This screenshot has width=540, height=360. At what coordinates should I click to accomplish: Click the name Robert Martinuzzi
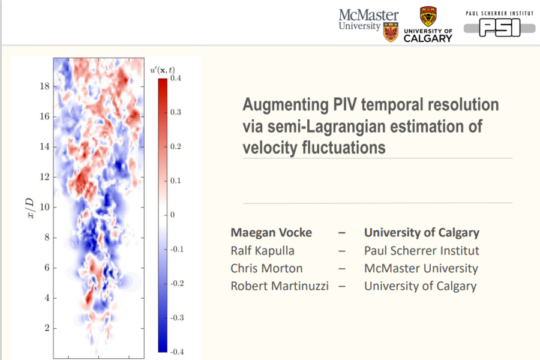(x=280, y=286)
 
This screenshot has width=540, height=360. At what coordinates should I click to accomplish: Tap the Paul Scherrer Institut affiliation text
(x=421, y=251)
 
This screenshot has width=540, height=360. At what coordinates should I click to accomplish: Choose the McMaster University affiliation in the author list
(x=421, y=268)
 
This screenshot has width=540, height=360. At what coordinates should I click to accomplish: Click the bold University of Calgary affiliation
(x=421, y=233)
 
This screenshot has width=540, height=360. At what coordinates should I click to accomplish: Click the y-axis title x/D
(x=31, y=207)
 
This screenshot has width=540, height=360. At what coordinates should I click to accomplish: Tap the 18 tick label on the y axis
(x=44, y=86)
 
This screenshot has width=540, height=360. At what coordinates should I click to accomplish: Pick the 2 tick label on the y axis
(x=47, y=328)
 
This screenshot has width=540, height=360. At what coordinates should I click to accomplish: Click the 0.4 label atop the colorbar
(x=176, y=78)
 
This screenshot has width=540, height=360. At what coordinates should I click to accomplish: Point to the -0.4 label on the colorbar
(x=178, y=352)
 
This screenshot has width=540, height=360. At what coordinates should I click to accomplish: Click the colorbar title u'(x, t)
(x=163, y=69)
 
